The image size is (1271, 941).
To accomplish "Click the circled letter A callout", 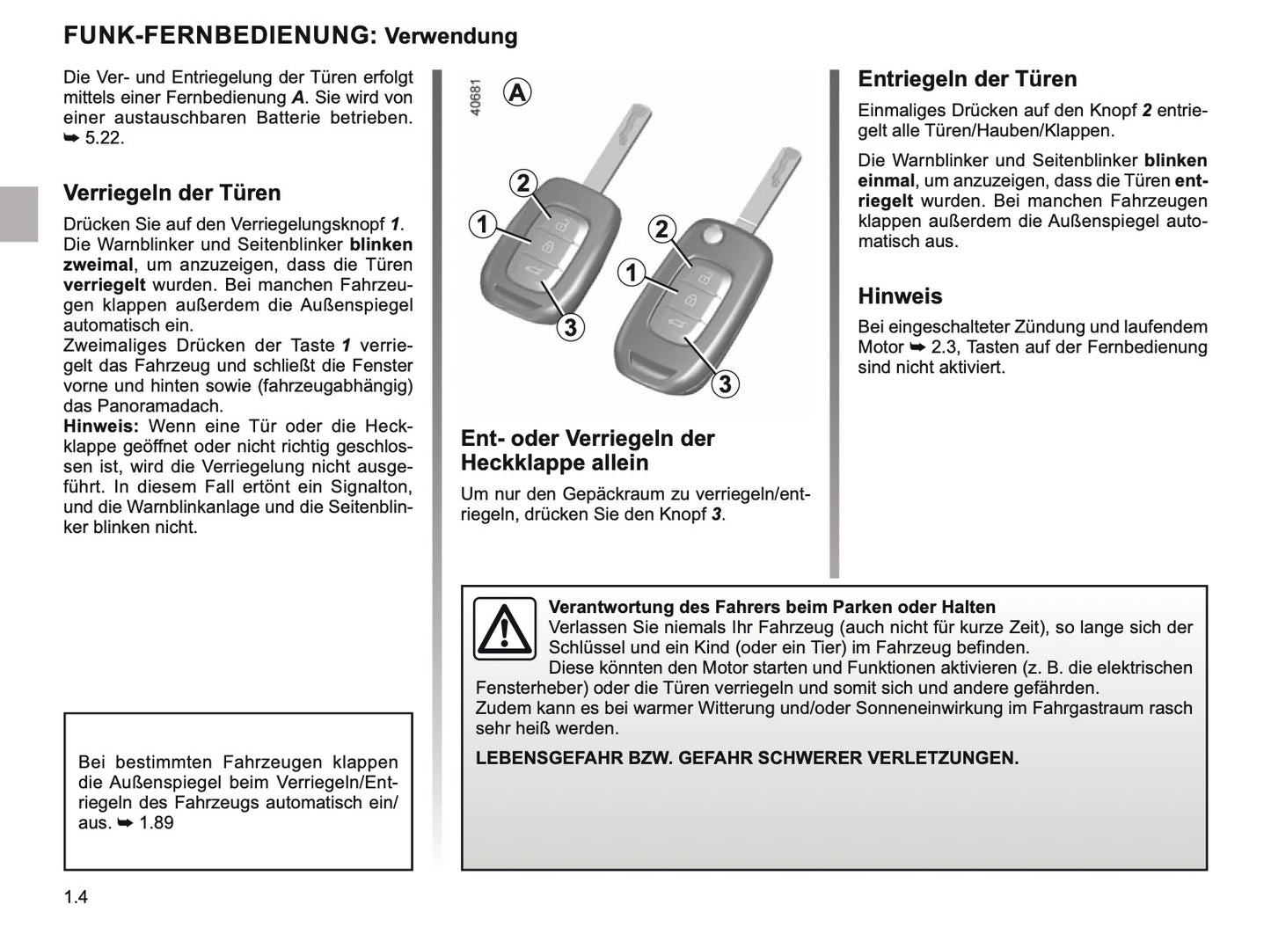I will point(518,91).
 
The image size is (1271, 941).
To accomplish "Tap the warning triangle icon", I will point(504,628).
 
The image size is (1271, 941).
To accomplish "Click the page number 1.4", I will point(76,897).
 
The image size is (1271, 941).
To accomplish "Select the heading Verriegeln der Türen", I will point(172,193).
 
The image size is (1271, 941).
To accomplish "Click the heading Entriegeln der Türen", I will point(967,79).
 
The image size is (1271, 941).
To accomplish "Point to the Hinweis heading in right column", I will point(900,295).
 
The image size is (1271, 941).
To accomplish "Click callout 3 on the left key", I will point(570,327).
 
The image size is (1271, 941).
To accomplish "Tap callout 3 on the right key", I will point(725,383).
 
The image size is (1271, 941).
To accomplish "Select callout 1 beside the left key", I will point(482,224).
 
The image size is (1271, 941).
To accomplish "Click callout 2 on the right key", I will point(661,230).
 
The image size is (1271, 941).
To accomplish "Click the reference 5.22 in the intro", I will point(104,138).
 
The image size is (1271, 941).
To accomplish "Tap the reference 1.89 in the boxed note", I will point(156,823).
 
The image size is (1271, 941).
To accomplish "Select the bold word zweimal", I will point(99,265).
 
